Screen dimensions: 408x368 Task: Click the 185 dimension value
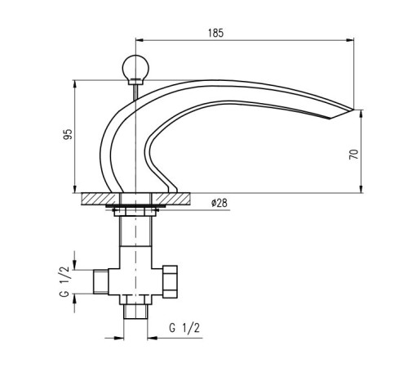click(215, 33)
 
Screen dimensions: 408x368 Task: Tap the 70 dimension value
click(354, 155)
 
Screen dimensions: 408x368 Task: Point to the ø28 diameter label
click(220, 203)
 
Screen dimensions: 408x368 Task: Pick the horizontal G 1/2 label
click(184, 328)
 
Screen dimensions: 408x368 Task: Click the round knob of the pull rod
click(135, 67)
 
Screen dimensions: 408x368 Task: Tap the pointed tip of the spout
click(354, 110)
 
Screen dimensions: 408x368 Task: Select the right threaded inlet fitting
click(171, 281)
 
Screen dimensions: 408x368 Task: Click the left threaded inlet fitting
click(100, 282)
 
